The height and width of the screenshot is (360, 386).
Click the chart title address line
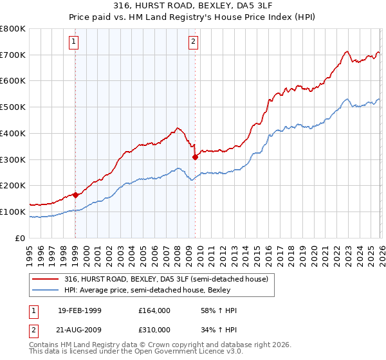[192, 6]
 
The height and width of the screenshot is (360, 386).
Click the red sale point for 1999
[75, 194]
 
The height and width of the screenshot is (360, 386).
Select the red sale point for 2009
[195, 156]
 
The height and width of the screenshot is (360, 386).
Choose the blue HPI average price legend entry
[151, 290]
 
